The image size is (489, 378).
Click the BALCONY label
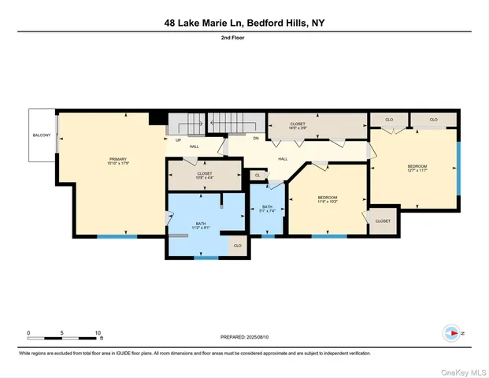pyautogui.click(x=41, y=135)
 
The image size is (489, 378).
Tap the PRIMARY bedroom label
pyautogui.click(x=117, y=159)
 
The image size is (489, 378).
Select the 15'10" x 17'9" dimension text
pyautogui.click(x=117, y=164)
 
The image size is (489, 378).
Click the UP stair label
pyautogui.click(x=179, y=141)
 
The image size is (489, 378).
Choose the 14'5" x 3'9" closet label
pyautogui.click(x=298, y=126)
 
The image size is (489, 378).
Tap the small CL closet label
pyautogui.click(x=257, y=176)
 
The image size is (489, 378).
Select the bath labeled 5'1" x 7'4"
pyautogui.click(x=267, y=209)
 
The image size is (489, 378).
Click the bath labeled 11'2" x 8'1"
pyautogui.click(x=202, y=227)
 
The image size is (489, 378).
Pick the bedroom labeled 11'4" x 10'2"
pyautogui.click(x=328, y=199)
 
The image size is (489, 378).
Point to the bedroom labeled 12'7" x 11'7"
pyautogui.click(x=417, y=169)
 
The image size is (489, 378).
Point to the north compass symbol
pyautogui.click(x=451, y=332)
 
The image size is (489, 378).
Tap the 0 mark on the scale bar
pyautogui.click(x=28, y=332)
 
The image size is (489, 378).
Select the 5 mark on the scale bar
pyautogui.click(x=62, y=332)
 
